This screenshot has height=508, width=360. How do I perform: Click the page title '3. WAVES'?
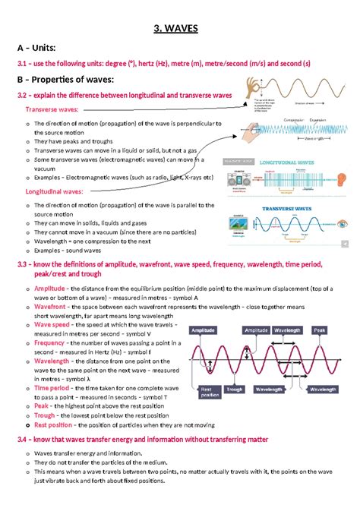tap(180, 28)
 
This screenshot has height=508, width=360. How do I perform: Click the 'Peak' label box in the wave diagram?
tap(320, 331)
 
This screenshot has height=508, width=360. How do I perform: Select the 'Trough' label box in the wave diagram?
tap(235, 389)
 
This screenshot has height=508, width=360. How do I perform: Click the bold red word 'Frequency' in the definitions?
tap(49, 343)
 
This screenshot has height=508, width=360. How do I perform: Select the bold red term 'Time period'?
tap(52, 387)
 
